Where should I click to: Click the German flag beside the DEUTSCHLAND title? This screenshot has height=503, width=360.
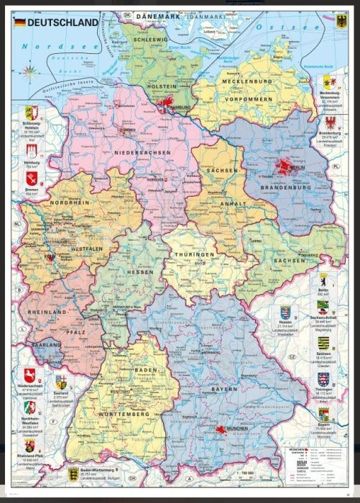click(18, 23)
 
